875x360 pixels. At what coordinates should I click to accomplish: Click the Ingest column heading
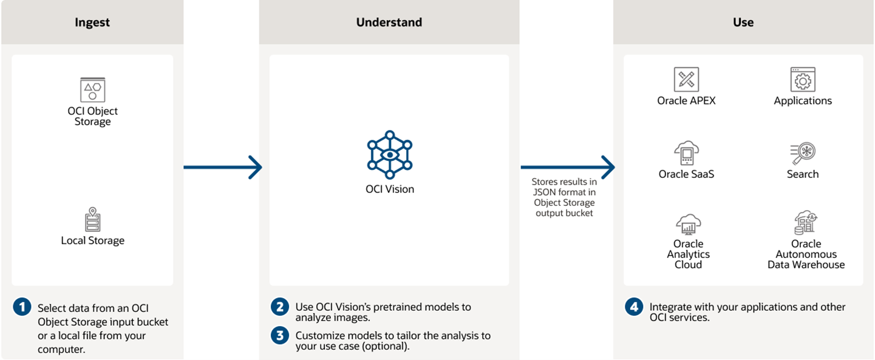pos(92,22)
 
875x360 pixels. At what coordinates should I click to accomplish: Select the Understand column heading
pos(389,22)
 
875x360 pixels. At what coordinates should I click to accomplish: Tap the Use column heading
pos(743,22)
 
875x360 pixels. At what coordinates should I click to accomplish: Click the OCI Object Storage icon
pos(93,90)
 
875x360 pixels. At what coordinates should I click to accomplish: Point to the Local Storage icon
pos(92,220)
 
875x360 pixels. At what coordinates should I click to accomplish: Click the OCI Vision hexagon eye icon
pos(389,154)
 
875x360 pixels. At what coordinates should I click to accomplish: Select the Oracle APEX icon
pos(686,80)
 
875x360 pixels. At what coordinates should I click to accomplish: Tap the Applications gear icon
pos(803,80)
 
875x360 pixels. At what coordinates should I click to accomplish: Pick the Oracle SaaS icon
pos(686,153)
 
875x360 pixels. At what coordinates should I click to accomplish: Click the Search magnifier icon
pos(803,153)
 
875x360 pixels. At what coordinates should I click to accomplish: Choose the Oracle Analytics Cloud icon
pos(688,224)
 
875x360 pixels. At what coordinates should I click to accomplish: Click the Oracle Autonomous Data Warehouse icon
pos(806,223)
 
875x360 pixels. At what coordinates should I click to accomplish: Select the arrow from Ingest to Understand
pos(222,167)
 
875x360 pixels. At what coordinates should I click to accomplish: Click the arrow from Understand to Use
pos(567,167)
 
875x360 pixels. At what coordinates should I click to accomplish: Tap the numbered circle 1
pos(22,307)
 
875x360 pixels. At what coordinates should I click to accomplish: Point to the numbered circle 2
pos(280,307)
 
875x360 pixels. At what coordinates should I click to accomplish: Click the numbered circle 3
pos(280,336)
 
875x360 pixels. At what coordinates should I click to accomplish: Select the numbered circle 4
pos(634,307)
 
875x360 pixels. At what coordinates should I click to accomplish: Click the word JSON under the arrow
pos(544,192)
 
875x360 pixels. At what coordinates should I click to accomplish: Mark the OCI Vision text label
pos(389,189)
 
